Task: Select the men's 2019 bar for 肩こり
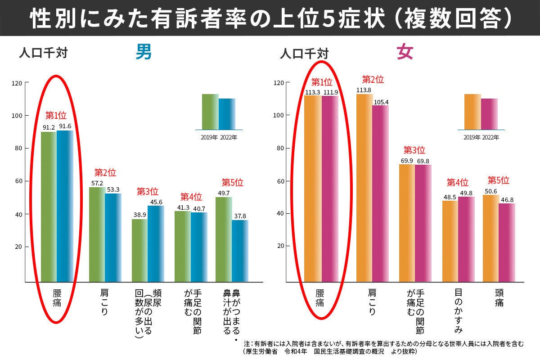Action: [x=97, y=234]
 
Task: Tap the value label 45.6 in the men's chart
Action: [x=156, y=202]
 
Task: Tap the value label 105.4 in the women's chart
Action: [x=381, y=102]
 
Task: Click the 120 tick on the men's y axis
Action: [x=18, y=83]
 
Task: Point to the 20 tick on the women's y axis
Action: [x=280, y=246]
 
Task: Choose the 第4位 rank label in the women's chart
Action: [x=457, y=183]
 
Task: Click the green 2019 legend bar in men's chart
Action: [x=210, y=112]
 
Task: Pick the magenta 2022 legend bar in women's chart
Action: [x=490, y=114]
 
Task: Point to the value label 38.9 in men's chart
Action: [x=139, y=215]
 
